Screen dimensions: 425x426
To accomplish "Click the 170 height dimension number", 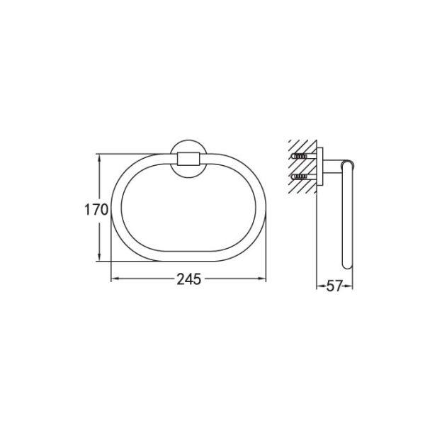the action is click(96, 210).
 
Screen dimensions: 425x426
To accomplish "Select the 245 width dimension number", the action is click(189, 279).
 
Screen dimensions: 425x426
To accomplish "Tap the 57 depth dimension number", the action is click(334, 286).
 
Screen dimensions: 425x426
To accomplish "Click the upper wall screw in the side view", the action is click(299, 156).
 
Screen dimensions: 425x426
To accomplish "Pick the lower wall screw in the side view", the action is click(299, 177).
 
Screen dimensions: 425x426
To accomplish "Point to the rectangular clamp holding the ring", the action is click(188, 159).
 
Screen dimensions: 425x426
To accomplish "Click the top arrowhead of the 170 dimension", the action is click(99, 158).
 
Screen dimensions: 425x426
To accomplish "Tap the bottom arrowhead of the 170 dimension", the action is click(99, 257).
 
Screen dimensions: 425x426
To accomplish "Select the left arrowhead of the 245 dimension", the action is click(115, 279).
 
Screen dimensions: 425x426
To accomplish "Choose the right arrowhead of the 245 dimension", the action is click(261, 279).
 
